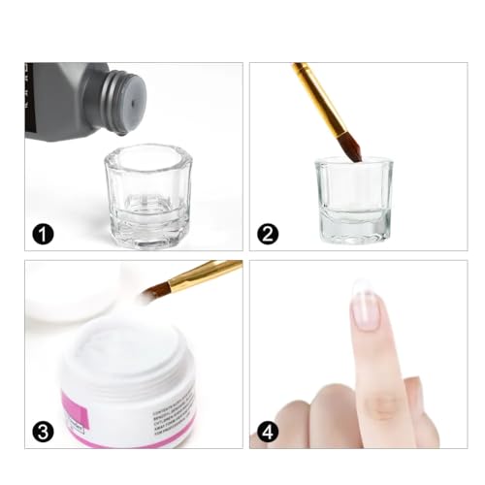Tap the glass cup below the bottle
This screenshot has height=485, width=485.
tap(147, 194)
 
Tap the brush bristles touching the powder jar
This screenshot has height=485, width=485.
tap(155, 290)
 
